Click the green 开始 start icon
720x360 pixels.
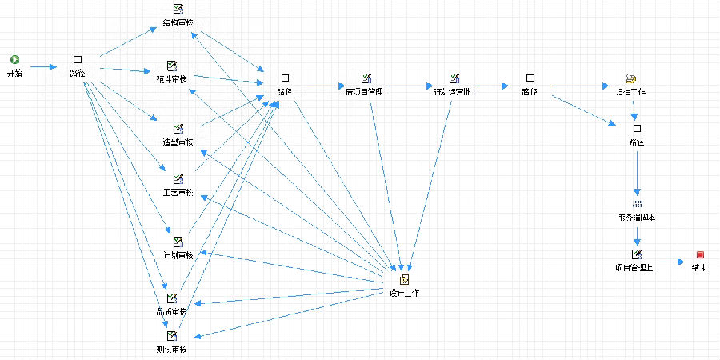tap(14, 60)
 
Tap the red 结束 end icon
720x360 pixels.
tap(700, 254)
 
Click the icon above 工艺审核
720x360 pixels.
tap(178, 178)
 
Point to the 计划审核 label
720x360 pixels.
tap(178, 255)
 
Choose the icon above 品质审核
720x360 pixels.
tap(171, 298)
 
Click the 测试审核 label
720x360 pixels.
tap(171, 350)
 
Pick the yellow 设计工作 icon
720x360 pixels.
tap(404, 279)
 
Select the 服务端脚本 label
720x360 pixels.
tap(637, 217)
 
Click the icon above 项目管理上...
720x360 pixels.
tap(637, 254)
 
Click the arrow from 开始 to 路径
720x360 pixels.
tap(44, 66)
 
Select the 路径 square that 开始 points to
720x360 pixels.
tap(78, 60)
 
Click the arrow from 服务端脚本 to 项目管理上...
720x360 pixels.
tap(637, 236)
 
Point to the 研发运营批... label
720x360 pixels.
tap(454, 91)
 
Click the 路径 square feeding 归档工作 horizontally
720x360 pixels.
tap(530, 78)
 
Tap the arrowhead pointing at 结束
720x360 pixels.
tap(681, 260)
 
